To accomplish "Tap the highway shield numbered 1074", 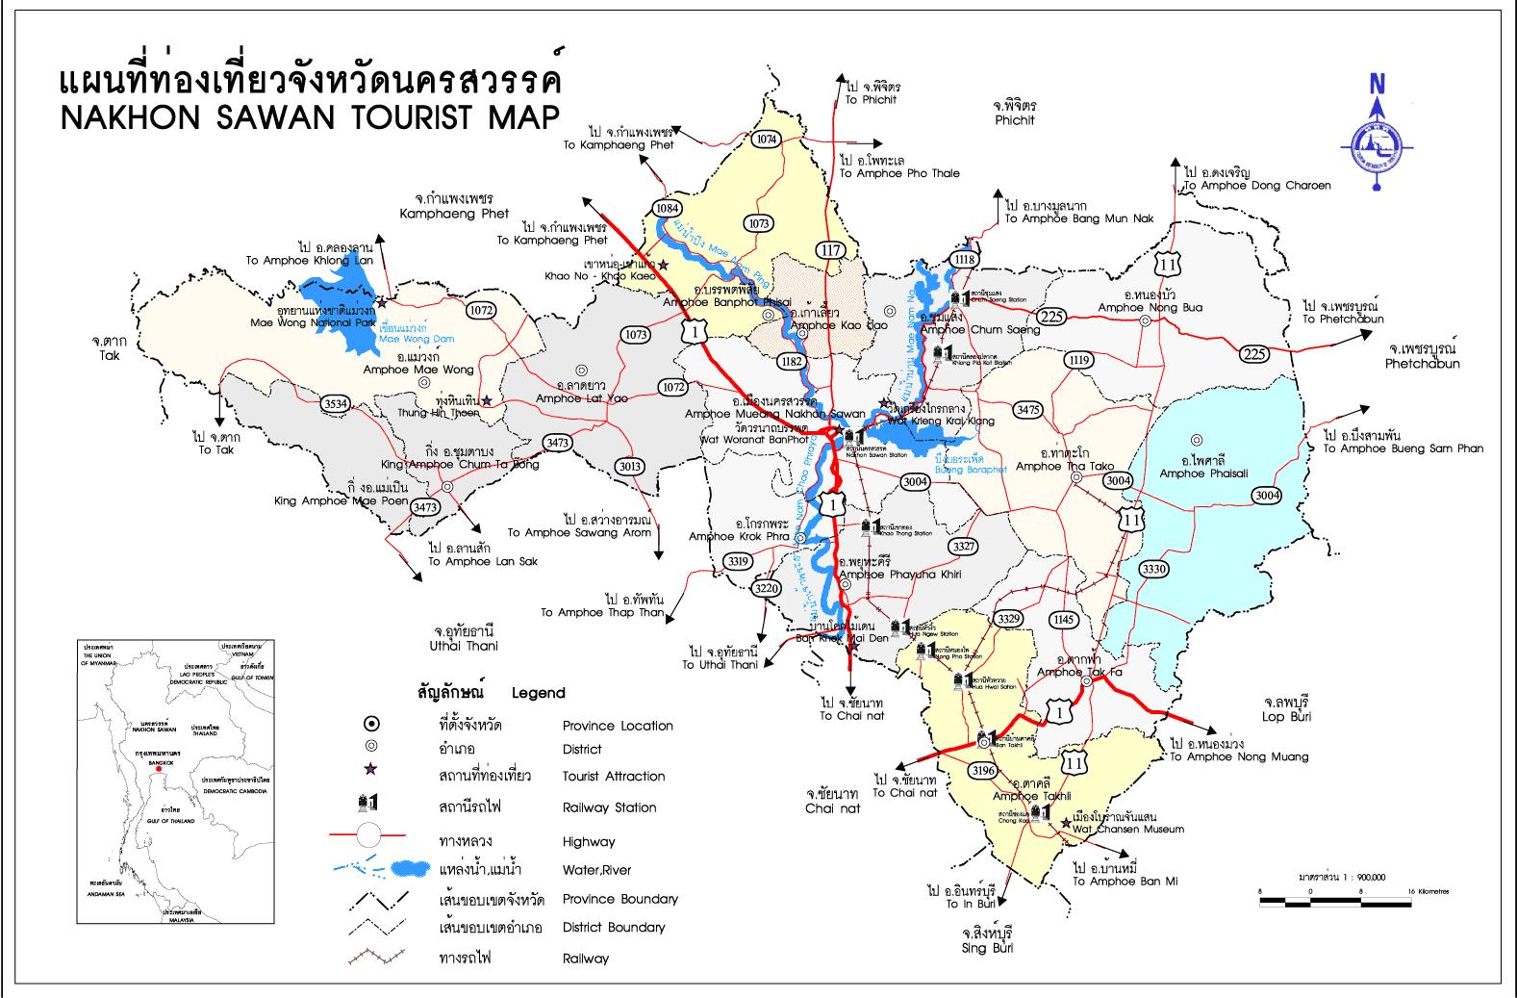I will (766, 140).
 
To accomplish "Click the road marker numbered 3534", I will (336, 403).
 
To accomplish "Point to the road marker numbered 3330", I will (1154, 570).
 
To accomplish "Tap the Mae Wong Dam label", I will (416, 339).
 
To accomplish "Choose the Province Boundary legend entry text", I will (619, 899).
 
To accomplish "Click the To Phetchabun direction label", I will (1343, 319).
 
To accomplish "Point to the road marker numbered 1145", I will (1063, 619).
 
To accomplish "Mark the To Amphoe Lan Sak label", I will (483, 561).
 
